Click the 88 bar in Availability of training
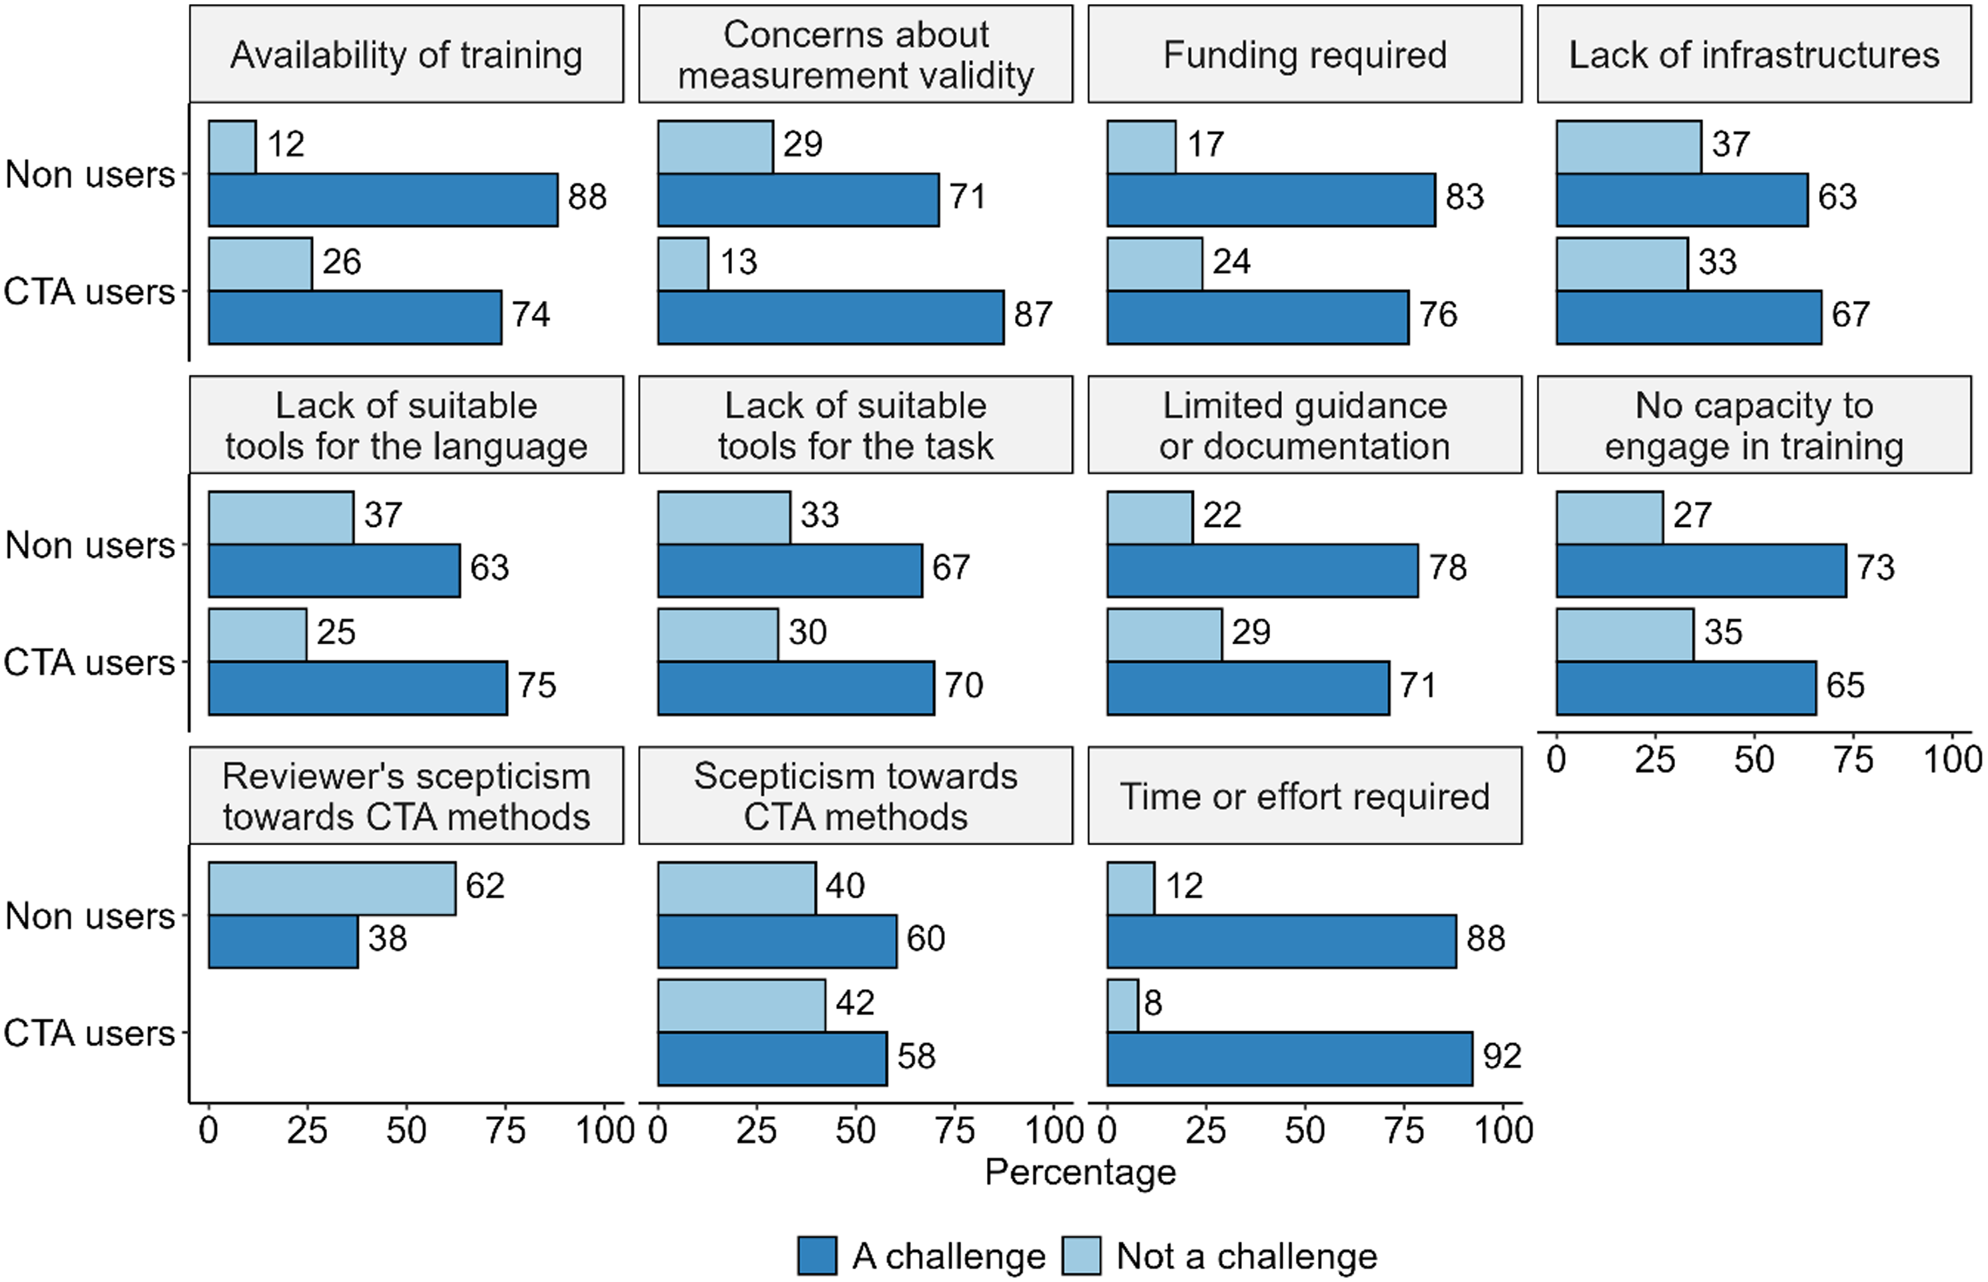click(x=382, y=200)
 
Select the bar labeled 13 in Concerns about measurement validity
click(x=683, y=265)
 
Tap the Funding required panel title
click(x=1304, y=55)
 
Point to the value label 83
click(x=1464, y=197)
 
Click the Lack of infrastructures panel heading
click(x=1754, y=55)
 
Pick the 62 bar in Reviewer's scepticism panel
click(x=332, y=889)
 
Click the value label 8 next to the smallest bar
click(x=1153, y=1003)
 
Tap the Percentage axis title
click(x=1080, y=1172)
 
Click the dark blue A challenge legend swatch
click(x=816, y=1255)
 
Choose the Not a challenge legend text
click(x=1247, y=1255)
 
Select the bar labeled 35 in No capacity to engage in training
click(x=1624, y=635)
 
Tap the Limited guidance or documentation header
click(x=1304, y=426)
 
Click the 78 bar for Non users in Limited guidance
click(x=1262, y=570)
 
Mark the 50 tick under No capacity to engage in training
click(x=1754, y=759)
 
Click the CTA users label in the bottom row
click(x=89, y=1033)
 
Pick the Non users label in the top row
click(x=90, y=175)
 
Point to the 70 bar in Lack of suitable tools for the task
click(x=795, y=688)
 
